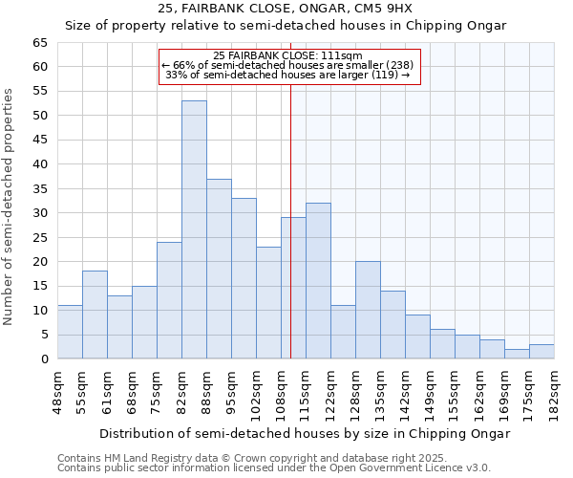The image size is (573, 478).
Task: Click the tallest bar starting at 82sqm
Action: [194, 229]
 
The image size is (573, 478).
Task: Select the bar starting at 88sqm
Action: [219, 269]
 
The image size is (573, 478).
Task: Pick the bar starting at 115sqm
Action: [318, 281]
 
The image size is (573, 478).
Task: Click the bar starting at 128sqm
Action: [368, 310]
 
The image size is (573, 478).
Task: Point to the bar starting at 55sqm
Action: [95, 315]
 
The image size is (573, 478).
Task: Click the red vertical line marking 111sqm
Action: [290, 220]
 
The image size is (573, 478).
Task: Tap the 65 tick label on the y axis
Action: [39, 43]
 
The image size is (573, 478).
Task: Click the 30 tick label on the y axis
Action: [39, 213]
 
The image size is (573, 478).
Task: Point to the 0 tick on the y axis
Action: [43, 359]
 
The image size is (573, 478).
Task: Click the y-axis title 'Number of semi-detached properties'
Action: [10, 206]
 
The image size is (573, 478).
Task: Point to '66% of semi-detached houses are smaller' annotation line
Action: [289, 64]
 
